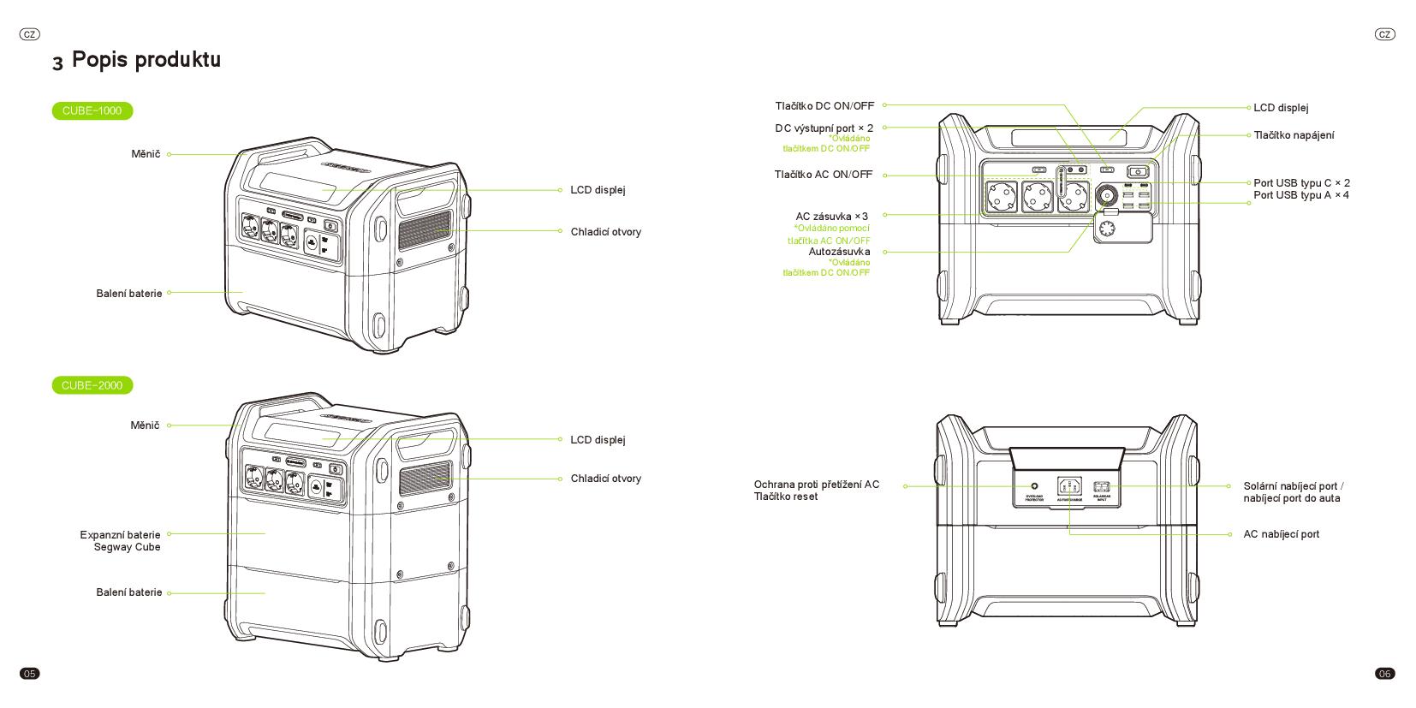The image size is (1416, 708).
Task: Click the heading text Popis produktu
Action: [146, 59]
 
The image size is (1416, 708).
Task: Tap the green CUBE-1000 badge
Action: [92, 110]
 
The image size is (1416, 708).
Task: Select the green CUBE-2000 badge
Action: [92, 385]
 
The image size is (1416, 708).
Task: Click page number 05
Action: [30, 674]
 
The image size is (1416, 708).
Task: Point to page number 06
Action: [1384, 674]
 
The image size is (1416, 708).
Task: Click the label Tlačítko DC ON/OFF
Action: [824, 105]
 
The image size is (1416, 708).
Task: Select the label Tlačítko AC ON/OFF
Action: [824, 175]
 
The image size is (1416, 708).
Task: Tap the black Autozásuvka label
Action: [839, 252]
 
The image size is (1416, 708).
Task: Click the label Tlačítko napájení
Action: [1294, 135]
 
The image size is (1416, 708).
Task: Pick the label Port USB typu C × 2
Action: [1301, 183]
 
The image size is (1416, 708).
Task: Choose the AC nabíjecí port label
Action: [1281, 534]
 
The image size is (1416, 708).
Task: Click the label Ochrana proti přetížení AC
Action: [816, 485]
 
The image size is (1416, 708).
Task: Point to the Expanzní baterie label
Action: [120, 535]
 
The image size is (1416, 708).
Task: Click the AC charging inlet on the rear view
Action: [1069, 487]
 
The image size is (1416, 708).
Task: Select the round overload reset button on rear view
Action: [1034, 486]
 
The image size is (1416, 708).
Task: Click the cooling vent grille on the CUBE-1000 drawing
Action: [424, 229]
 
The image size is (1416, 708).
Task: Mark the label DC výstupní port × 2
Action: [824, 128]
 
